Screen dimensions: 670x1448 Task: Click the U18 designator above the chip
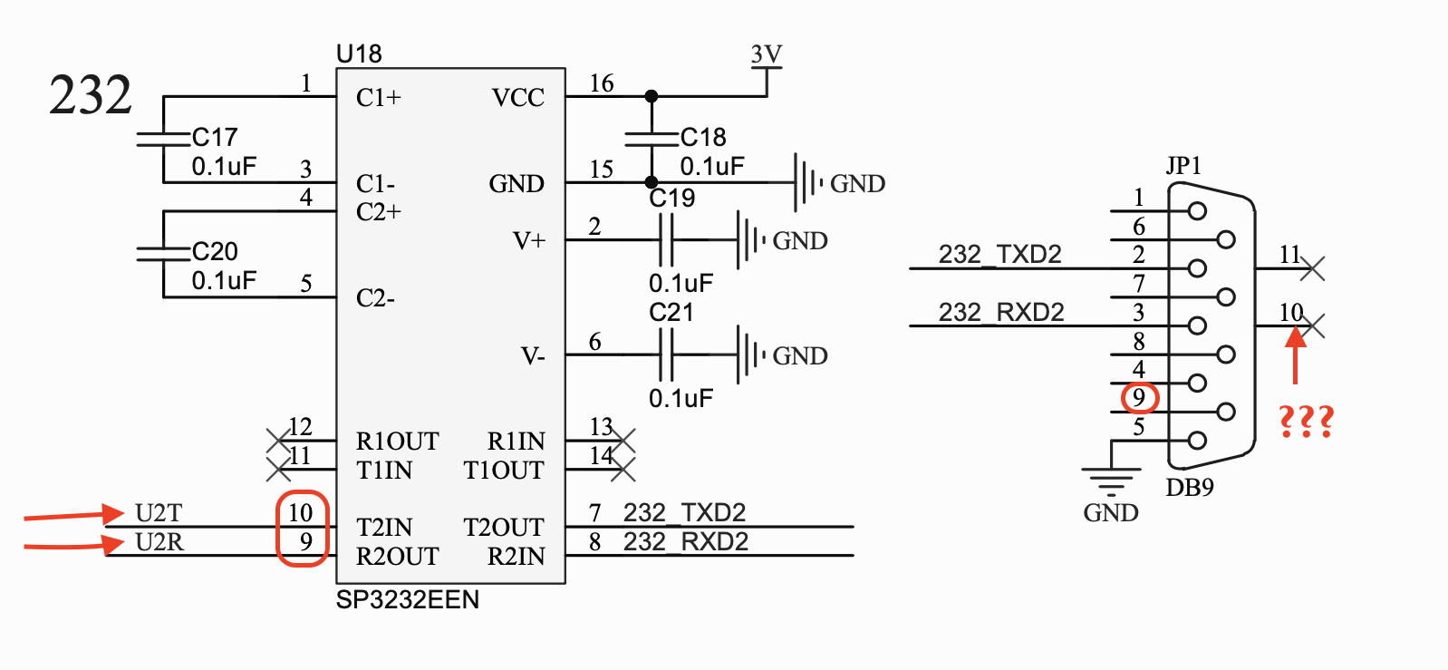pos(359,54)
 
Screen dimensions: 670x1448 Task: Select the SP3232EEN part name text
pos(407,600)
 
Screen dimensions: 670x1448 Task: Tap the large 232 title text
pos(90,95)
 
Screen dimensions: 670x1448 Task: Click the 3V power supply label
pos(766,54)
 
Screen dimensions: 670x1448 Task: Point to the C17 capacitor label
pos(215,138)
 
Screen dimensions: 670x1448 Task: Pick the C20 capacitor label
pos(215,252)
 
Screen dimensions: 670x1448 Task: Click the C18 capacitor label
pos(703,138)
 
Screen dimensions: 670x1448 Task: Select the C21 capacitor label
pos(671,313)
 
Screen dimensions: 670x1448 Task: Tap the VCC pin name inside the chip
pos(517,98)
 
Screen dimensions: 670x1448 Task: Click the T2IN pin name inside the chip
pos(384,528)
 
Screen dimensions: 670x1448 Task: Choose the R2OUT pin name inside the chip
pos(397,557)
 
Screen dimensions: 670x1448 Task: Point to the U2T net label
pos(159,513)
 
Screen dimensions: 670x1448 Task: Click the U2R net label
pos(159,542)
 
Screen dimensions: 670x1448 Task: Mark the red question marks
pos(1306,422)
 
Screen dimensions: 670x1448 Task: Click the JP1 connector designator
pos(1183,166)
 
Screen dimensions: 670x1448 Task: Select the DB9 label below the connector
pos(1189,488)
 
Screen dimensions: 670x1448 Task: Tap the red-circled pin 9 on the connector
pos(1139,398)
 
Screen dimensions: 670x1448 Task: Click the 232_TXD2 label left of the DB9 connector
pos(999,255)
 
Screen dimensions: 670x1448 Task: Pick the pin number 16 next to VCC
pos(602,84)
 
